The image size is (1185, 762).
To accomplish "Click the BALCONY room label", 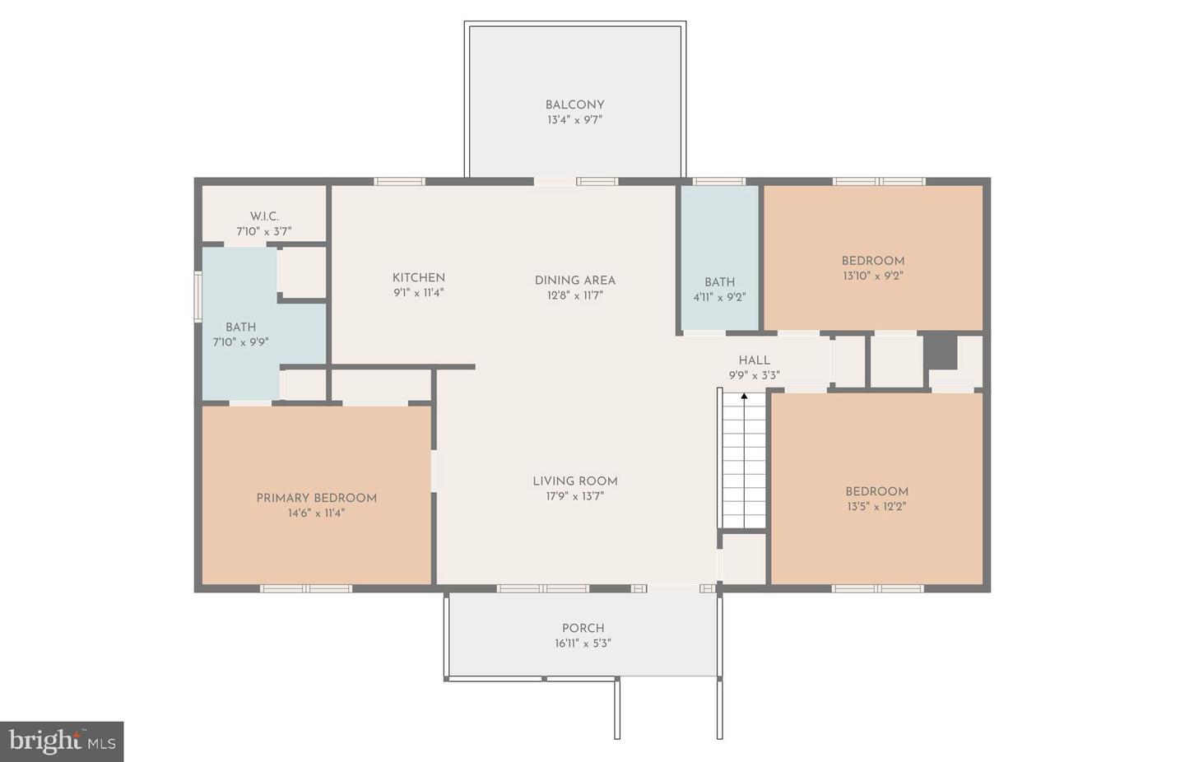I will click(x=574, y=105).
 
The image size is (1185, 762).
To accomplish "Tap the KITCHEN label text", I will click(x=418, y=277).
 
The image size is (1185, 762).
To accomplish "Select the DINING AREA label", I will click(x=574, y=280).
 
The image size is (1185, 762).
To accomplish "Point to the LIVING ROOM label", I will click(x=574, y=481).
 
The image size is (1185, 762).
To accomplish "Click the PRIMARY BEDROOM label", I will click(x=316, y=498).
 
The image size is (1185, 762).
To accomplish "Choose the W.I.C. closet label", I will click(x=264, y=216).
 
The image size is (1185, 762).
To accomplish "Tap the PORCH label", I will click(x=583, y=628).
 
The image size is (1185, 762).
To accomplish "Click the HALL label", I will click(x=754, y=360).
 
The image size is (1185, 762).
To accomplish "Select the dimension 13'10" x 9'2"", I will click(x=872, y=276).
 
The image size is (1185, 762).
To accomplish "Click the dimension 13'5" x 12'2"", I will click(x=876, y=507).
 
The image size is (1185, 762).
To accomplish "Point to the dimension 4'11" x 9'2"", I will click(x=719, y=297).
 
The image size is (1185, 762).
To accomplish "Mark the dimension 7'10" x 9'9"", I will click(x=240, y=342).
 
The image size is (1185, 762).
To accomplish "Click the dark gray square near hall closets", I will click(x=941, y=351).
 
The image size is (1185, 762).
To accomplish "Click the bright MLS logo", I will click(x=62, y=741).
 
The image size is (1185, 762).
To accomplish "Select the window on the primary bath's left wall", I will click(x=197, y=296).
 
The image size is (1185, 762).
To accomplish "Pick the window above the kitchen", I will click(x=399, y=181).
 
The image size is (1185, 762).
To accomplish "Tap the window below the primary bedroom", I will click(x=306, y=588).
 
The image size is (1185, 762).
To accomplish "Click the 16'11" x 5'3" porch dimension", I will click(x=583, y=644).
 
